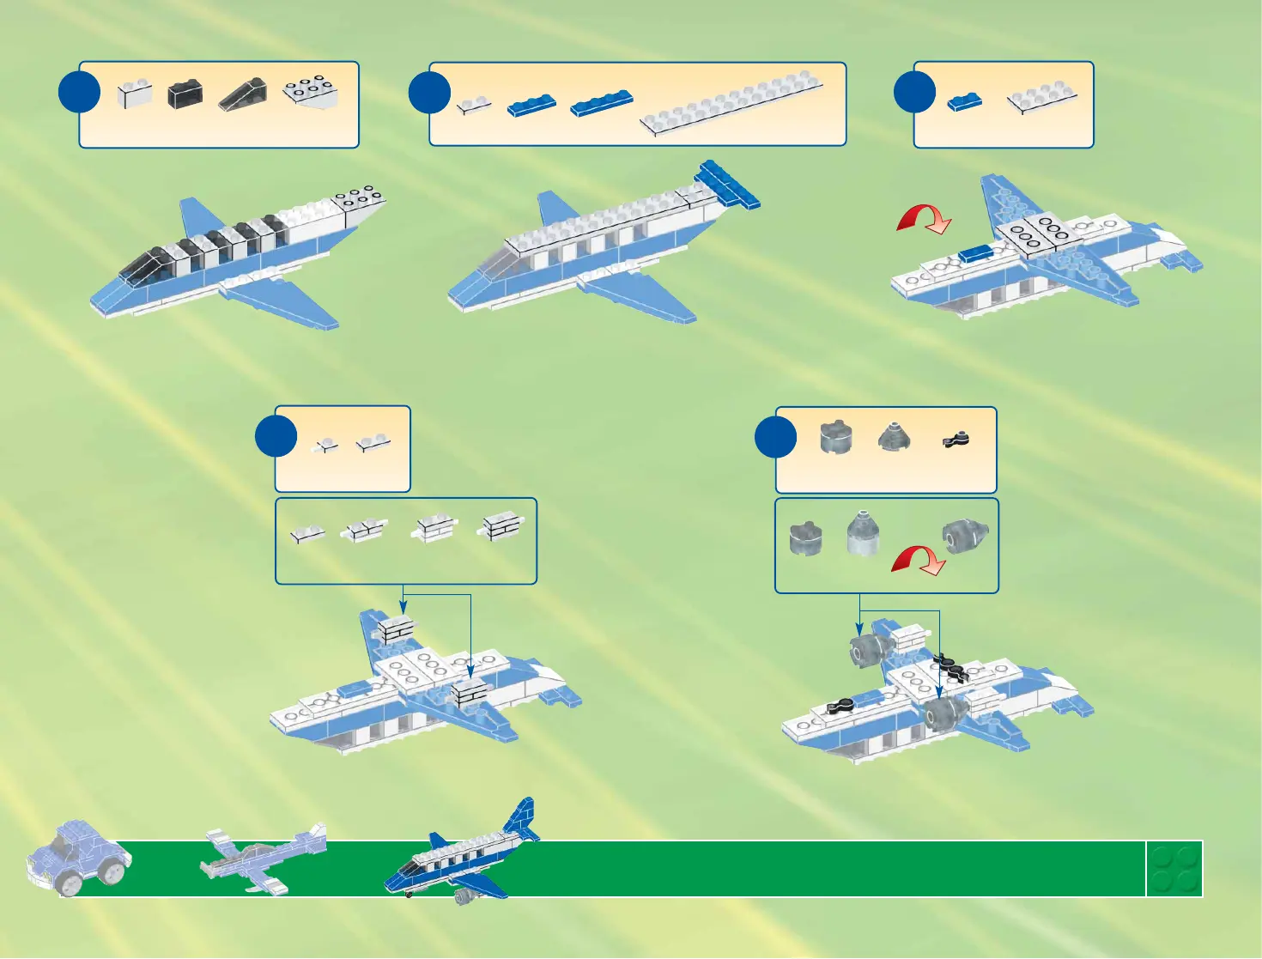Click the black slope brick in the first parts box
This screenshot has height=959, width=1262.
[243, 94]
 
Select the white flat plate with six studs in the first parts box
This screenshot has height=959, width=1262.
[311, 93]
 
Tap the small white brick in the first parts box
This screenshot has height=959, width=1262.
[135, 94]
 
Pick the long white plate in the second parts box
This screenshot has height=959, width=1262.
[731, 104]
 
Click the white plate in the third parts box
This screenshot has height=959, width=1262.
[1041, 98]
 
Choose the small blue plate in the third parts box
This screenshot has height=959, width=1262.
[964, 102]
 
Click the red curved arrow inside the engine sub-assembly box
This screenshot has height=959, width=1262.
[919, 561]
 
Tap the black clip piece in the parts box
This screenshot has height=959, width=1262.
[955, 440]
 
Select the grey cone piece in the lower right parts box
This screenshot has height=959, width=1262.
[894, 439]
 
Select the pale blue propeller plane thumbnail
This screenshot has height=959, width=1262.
[263, 859]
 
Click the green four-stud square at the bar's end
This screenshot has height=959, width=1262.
[1174, 869]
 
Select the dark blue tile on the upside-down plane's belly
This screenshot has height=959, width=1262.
[975, 253]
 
